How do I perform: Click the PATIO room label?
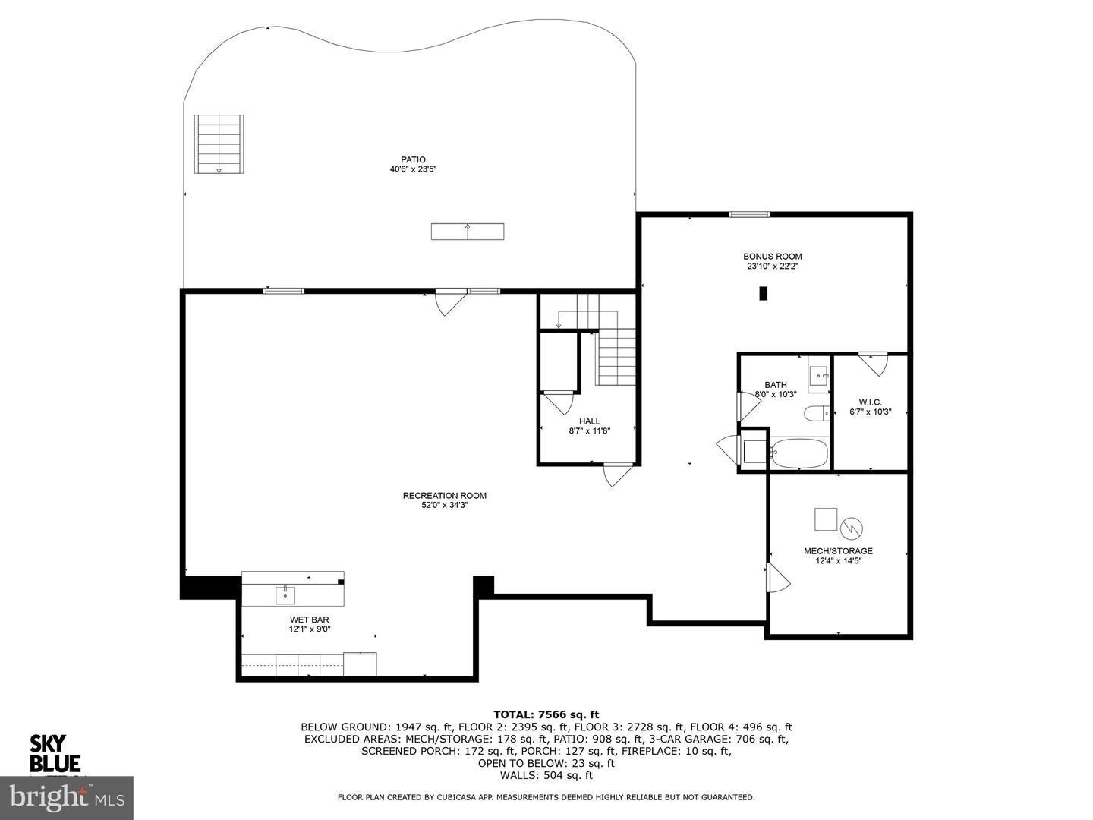point(413,159)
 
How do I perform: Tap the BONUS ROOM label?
point(773,257)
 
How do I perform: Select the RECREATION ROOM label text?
point(444,495)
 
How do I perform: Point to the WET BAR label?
point(309,620)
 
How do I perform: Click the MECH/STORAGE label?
point(838,550)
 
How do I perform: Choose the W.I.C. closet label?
point(870,402)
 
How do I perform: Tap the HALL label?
point(590,421)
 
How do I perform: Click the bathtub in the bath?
point(798,453)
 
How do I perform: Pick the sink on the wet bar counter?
point(285,595)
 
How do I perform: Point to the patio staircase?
point(219,144)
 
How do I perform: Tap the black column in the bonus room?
point(763,294)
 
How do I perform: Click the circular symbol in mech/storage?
point(852,528)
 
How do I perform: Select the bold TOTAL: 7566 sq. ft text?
point(546,715)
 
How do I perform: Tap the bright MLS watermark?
point(67,798)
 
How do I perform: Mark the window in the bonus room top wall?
point(749,215)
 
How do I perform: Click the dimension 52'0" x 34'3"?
point(444,506)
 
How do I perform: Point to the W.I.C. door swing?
point(874,364)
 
